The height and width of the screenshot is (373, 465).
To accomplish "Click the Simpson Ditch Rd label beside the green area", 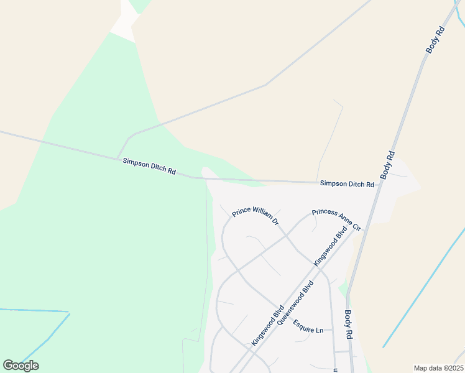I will (149, 165).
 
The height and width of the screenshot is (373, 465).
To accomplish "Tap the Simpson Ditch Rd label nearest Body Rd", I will (347, 184).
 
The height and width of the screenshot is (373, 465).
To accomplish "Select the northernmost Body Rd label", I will (436, 38).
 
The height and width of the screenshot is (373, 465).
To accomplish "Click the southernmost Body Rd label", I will (349, 324).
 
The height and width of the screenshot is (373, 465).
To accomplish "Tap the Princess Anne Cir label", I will (336, 219).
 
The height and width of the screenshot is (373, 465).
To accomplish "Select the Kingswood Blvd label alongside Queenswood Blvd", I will (268, 325).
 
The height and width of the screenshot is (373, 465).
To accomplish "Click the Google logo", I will (21, 366).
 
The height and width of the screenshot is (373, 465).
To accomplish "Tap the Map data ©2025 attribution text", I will (438, 368).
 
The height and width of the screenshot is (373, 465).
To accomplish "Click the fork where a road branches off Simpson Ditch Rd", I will (117, 158).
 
